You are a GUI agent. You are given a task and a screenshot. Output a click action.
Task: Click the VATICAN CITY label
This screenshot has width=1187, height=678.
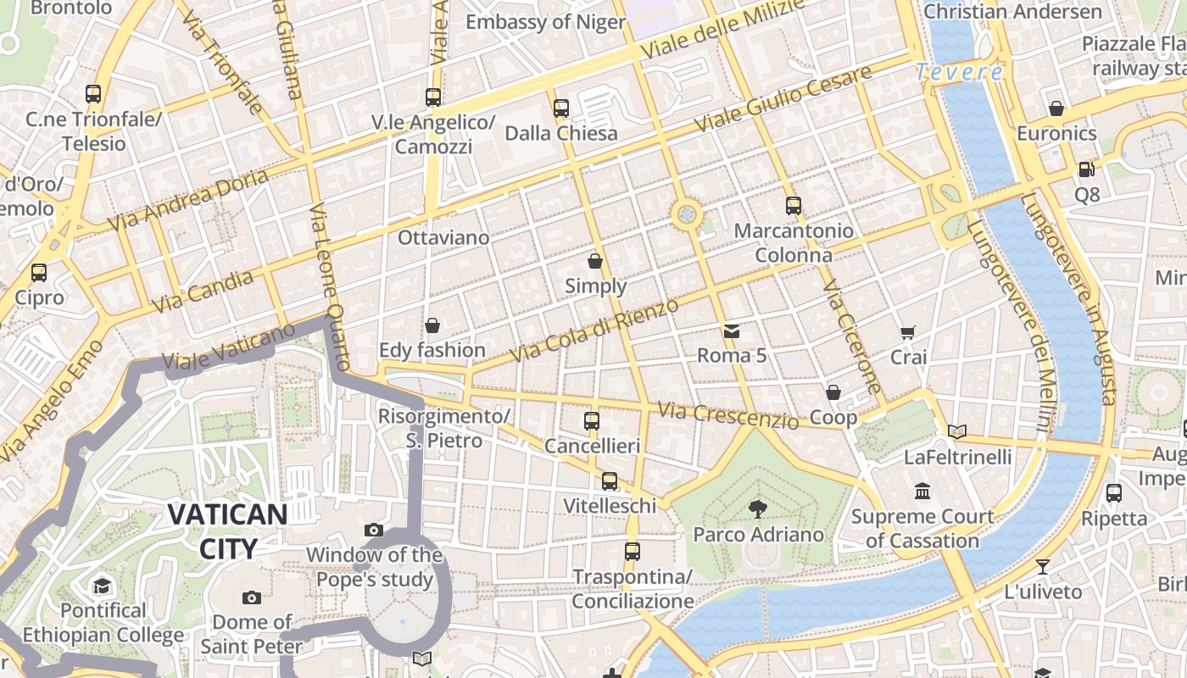coord(227,531)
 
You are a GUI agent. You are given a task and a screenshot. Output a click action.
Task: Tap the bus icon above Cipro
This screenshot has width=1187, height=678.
coord(39,273)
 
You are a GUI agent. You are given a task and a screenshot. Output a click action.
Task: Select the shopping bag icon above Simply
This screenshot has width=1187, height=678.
coord(595,261)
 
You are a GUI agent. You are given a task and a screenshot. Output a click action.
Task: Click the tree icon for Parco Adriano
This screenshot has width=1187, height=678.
coord(757,508)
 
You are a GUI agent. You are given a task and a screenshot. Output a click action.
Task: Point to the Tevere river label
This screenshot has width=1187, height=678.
coord(959,73)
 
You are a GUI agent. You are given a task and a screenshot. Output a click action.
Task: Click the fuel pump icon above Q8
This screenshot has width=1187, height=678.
coord(1086,169)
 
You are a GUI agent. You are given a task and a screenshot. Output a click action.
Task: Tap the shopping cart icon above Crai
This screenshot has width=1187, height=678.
coord(908,332)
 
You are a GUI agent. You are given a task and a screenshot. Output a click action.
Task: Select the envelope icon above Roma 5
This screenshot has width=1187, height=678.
coord(731,331)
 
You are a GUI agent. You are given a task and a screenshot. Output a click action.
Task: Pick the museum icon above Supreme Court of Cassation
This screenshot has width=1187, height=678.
coord(922,491)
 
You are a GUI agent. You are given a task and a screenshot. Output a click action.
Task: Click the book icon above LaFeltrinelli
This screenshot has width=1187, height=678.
coord(957,431)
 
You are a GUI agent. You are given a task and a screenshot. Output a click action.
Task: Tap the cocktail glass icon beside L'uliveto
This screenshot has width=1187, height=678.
coord(1043,566)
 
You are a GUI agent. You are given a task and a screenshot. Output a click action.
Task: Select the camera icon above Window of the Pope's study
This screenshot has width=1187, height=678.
coord(374,531)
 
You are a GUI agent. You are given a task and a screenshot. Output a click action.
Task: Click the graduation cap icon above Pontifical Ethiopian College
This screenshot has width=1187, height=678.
coord(103,586)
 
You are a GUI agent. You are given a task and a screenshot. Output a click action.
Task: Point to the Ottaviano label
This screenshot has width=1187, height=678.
coord(443,237)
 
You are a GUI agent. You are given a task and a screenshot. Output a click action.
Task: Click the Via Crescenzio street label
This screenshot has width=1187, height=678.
coord(727,415)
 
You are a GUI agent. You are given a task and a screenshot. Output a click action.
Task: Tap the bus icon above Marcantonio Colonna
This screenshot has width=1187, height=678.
coord(794,206)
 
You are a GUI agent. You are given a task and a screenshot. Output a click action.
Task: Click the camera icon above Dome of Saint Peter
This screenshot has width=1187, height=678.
coord(252,597)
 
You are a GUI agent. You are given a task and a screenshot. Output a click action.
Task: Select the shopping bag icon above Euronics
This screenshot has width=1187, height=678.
coord(1056,108)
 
